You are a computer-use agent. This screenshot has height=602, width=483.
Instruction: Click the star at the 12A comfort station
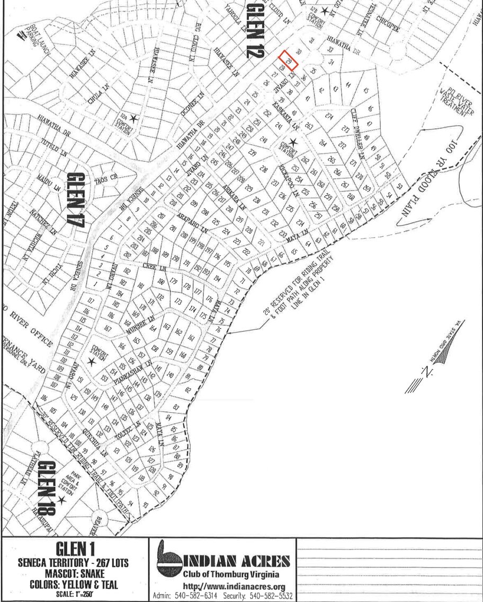pyautogui.click(x=134, y=118)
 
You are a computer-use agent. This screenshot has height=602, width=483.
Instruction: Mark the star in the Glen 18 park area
pyautogui.click(x=61, y=500)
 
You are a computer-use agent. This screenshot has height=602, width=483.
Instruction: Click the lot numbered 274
pyautogui.click(x=330, y=117)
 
